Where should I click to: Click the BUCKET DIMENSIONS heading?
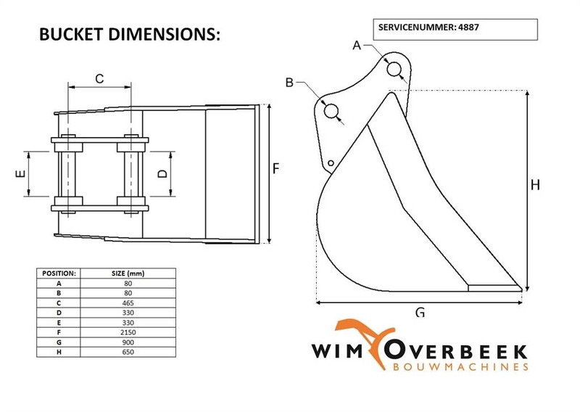click(x=128, y=35)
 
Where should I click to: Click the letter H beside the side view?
click(x=535, y=185)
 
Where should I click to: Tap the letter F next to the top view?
click(x=276, y=168)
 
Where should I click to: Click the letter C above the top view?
click(x=100, y=78)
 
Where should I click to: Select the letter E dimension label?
click(x=21, y=174)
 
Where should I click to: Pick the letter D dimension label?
click(x=162, y=174)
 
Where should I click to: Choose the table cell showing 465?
click(x=128, y=301)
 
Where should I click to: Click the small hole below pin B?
click(x=331, y=163)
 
